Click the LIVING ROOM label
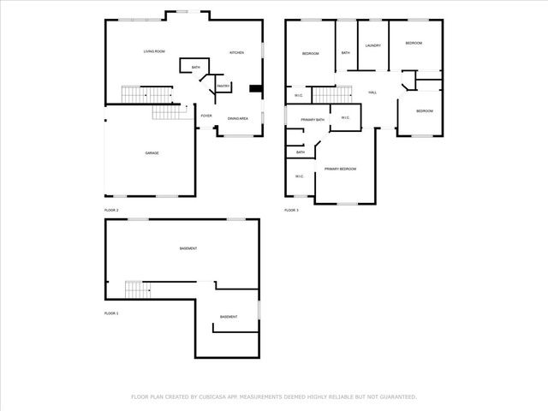click(x=154, y=52)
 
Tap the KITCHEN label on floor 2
click(x=236, y=52)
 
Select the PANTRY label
click(x=222, y=86)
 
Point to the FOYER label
click(x=206, y=116)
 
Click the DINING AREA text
click(x=238, y=118)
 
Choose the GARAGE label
click(x=152, y=152)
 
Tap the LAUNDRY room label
click(x=372, y=45)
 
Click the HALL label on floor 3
click(x=372, y=92)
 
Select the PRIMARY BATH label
click(x=313, y=119)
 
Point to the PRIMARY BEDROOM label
click(x=341, y=169)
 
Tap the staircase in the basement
click(x=137, y=289)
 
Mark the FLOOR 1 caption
click(x=111, y=313)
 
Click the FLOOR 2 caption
click(x=111, y=210)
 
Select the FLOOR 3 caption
click(x=291, y=210)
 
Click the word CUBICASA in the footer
click(x=212, y=396)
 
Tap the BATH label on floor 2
click(x=196, y=68)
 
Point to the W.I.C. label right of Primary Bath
click(x=345, y=117)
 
